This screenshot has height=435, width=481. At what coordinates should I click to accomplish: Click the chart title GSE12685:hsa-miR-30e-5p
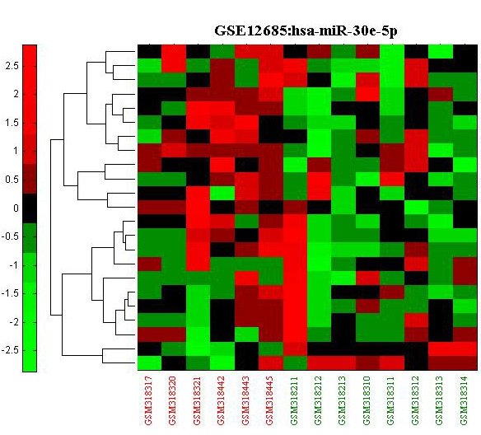pos(306,31)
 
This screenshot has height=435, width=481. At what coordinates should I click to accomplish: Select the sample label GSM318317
pos(148,401)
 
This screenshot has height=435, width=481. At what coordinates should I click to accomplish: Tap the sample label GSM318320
pos(173,401)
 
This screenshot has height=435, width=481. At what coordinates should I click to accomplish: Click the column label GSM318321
pos(197,401)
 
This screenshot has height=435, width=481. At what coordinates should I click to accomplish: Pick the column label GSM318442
pos(222,401)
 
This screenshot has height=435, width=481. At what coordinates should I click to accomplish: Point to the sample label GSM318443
pos(245,401)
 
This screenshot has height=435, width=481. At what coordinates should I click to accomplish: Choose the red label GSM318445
pos(269,401)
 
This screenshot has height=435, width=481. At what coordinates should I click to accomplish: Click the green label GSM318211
pos(294,401)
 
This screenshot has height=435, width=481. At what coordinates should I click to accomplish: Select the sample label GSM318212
pos(318,401)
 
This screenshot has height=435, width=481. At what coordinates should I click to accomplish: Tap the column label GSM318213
pos(343,401)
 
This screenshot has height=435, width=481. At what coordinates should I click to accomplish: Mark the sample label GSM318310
pos(367,401)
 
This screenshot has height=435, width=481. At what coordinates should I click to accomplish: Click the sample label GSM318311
pos(390,401)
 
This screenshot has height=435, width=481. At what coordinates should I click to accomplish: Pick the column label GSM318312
pos(415,401)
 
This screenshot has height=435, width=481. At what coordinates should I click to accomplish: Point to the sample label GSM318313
pos(439,401)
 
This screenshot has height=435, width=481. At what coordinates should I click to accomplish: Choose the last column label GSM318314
pos(464,401)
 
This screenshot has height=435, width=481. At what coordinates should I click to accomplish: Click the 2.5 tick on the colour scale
pos(12,66)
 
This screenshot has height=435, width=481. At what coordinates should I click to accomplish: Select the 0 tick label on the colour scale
pos(16,208)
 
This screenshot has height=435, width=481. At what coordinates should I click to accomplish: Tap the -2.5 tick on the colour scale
pos(10,350)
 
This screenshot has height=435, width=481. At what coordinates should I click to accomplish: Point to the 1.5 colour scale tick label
pos(12,123)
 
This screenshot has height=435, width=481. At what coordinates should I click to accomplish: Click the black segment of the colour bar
pos(30,208)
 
